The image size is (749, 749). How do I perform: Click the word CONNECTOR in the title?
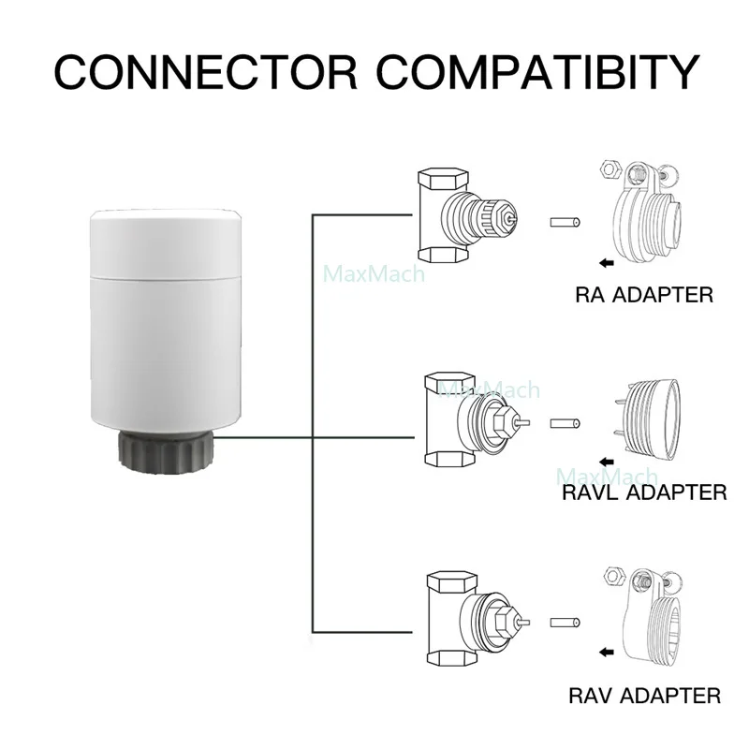click(206, 72)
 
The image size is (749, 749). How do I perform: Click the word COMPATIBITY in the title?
click(538, 72)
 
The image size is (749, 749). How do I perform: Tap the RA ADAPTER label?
click(644, 295)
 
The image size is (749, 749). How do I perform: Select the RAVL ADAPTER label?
click(644, 492)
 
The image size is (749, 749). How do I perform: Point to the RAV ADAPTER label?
click(644, 696)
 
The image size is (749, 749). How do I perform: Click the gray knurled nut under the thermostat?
click(167, 450)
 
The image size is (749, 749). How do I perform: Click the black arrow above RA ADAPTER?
click(606, 262)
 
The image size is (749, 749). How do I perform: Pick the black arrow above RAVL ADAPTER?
click(606, 462)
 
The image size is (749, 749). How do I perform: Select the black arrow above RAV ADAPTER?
click(606, 653)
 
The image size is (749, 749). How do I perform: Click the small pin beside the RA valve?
click(565, 223)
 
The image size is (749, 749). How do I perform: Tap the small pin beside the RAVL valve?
click(565, 424)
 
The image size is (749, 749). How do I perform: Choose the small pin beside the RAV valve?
click(565, 623)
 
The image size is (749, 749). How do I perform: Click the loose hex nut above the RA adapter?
click(609, 169)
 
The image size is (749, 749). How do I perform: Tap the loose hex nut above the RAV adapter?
click(614, 575)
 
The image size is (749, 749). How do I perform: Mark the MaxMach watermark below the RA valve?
click(374, 274)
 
